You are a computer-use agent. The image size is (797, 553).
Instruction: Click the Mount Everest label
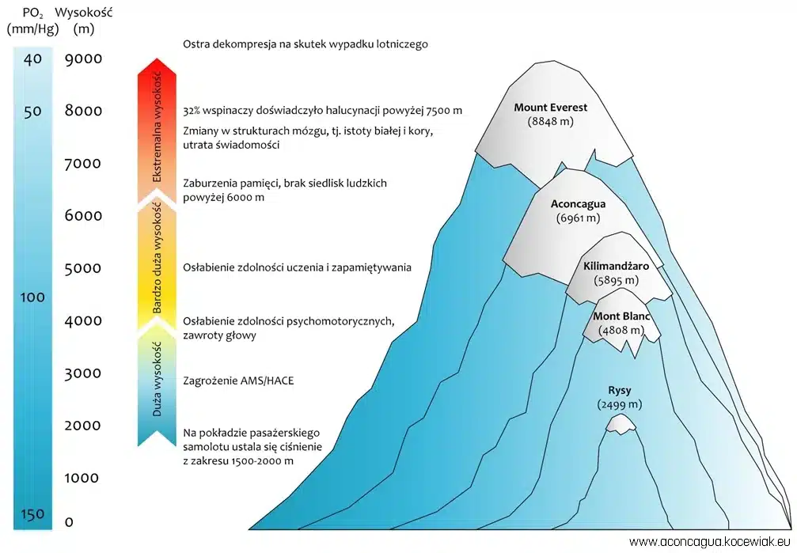551,108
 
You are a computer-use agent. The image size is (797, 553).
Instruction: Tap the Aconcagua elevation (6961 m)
578,217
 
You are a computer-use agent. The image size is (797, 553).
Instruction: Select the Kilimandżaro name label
616,267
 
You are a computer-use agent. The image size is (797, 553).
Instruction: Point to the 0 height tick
69,521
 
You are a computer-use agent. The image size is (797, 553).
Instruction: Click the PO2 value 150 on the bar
32,515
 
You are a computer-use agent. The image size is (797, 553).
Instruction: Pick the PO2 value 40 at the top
32,59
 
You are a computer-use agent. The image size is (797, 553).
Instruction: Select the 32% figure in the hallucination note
195,111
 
